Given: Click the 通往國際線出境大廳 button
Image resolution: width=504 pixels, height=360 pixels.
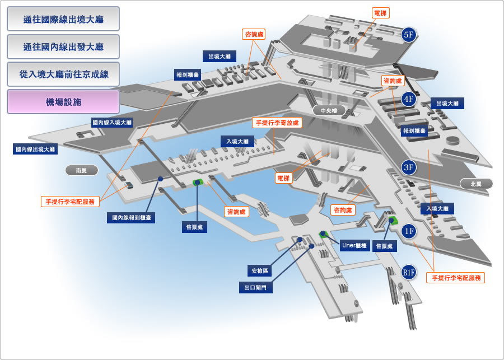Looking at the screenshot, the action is (63, 19).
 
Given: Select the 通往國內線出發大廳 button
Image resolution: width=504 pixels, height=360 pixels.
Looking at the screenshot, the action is (63, 46).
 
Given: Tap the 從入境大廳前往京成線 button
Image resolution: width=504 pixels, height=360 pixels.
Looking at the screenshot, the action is (63, 74).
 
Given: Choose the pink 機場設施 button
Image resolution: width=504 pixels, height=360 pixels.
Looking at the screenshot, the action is (63, 102).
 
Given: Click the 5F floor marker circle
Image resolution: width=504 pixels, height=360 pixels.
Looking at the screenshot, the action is (409, 34).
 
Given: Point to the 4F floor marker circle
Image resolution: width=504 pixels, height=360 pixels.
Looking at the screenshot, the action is (409, 99).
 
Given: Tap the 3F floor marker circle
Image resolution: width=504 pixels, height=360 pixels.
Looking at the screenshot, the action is (409, 167).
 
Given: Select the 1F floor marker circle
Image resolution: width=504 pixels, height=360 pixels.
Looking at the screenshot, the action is (409, 231).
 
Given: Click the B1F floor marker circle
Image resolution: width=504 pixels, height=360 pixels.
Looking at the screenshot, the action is (409, 273).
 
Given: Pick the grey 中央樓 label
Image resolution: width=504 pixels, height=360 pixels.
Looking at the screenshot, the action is (329, 110).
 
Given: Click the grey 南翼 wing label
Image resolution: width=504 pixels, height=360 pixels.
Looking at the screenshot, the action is (82, 170).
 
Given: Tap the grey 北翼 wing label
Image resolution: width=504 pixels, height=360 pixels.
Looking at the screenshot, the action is (476, 184).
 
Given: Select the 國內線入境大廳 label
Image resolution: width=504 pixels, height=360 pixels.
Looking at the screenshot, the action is (112, 123).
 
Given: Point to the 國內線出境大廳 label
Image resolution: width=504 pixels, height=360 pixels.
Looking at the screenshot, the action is (35, 149).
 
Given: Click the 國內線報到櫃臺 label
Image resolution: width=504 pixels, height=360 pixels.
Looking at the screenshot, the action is (131, 218).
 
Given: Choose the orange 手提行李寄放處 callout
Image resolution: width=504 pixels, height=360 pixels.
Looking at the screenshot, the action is (277, 123).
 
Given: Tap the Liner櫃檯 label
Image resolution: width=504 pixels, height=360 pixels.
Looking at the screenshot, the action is (354, 246).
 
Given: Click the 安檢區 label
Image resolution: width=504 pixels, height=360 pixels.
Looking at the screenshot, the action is (260, 270).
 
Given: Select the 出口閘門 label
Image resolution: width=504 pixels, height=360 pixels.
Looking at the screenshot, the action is (256, 288).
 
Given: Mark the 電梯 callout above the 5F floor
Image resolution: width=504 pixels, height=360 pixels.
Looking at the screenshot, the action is (381, 13).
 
